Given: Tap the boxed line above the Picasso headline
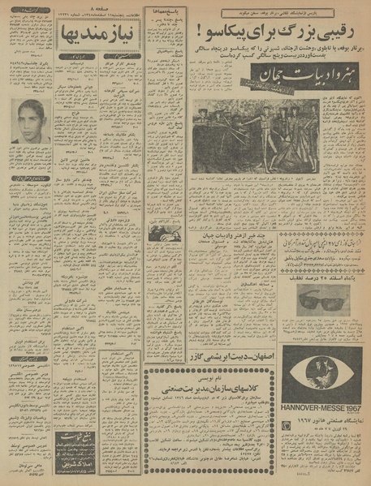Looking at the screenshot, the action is click(276, 14).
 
